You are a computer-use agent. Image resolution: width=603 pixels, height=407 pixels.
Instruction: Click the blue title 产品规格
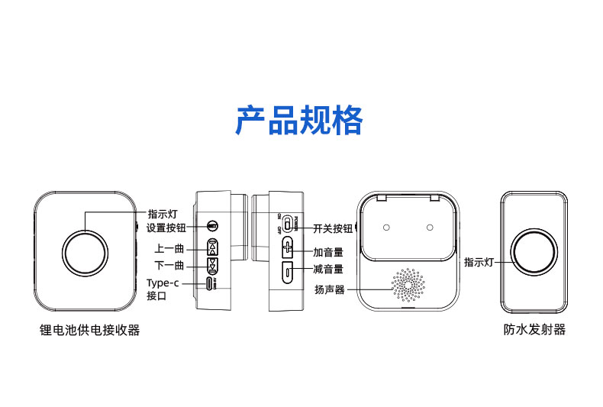click(298, 121)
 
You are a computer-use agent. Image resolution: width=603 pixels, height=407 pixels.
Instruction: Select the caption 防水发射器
click(534, 330)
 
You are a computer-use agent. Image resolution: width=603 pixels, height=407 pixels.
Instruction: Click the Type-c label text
click(162, 283)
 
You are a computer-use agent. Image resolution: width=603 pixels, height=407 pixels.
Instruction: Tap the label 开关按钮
click(333, 228)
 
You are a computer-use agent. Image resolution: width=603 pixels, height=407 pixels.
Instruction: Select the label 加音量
click(328, 250)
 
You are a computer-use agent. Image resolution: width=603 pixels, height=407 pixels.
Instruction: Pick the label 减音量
click(328, 269)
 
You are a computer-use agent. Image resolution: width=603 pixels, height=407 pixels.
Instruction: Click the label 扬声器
click(330, 289)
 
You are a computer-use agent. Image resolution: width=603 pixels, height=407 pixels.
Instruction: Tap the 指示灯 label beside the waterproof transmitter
click(479, 262)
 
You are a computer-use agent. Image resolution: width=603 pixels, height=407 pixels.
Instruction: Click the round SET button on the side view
click(214, 226)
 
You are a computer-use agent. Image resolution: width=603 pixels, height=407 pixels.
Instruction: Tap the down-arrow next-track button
click(213, 265)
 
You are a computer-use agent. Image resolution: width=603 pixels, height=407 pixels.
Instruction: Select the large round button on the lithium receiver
click(86, 250)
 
